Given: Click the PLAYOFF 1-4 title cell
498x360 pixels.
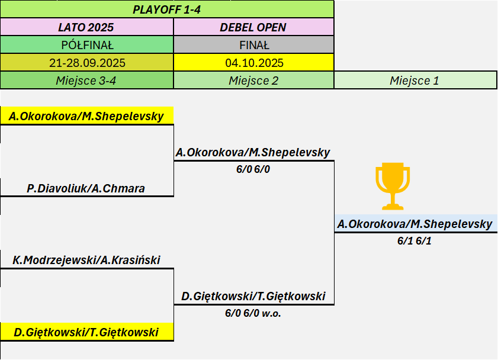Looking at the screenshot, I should point(167,9).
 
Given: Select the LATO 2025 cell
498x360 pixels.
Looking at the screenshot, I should point(86,27).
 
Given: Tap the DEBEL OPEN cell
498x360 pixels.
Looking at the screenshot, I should point(253,27).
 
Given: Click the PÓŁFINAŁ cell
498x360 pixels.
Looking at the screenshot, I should point(86,45).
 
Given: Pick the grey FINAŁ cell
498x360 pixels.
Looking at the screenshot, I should point(253,45).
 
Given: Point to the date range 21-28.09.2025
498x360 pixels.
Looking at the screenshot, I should point(86,63).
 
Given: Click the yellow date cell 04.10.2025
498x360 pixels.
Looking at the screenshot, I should point(253,63).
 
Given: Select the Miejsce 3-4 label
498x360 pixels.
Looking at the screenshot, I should point(86,81).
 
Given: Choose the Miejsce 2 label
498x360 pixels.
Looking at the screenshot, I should point(253,81).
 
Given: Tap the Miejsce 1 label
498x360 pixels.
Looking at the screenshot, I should point(415,81).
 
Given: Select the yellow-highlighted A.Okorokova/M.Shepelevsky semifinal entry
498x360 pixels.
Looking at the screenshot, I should point(86,116).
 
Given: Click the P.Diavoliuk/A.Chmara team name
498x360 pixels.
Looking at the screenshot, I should point(86,189).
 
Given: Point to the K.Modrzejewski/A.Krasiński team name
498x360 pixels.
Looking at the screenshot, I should point(86,260).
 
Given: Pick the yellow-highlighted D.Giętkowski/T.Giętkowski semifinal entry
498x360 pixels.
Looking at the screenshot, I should point(86,332).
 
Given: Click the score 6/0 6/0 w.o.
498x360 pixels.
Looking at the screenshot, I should point(253,313).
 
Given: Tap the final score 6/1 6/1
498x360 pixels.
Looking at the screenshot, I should point(415,241).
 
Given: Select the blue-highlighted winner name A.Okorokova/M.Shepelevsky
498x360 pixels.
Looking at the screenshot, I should point(415,224).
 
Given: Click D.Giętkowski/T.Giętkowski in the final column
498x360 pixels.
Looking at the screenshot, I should point(253,297).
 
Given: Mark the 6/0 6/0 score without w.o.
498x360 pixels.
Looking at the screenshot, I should point(253,169).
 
